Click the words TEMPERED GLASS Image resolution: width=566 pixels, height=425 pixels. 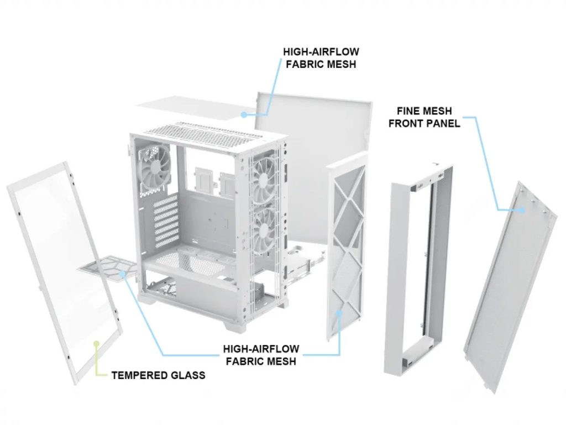[158, 375]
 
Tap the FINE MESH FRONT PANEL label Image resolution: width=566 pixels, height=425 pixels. [424, 117]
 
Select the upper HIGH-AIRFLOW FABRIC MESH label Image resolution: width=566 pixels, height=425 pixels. [321, 57]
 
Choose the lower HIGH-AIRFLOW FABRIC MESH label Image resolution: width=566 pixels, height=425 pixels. [261, 355]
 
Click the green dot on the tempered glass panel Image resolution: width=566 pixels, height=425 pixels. [96, 343]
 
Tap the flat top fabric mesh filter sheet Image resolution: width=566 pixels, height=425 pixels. [193, 109]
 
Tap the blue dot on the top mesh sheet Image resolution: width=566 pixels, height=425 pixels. [243, 114]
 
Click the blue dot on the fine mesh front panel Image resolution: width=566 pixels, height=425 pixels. [523, 211]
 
